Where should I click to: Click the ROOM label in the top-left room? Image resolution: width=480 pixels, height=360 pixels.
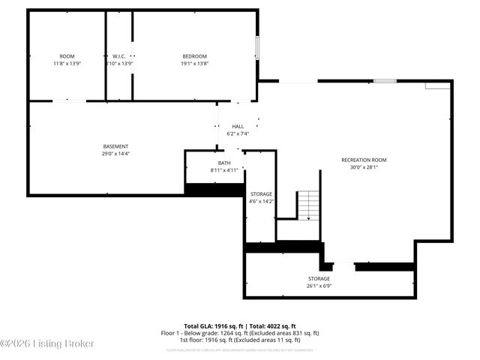pyautogui.click(x=67, y=56)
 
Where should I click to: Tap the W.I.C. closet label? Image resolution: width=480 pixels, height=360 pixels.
pyautogui.click(x=118, y=56)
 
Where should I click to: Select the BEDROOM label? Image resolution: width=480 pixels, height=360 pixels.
pyautogui.click(x=194, y=56)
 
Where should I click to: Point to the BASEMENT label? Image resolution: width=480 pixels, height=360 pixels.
pyautogui.click(x=115, y=146)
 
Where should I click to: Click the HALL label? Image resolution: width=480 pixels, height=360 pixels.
pyautogui.click(x=238, y=126)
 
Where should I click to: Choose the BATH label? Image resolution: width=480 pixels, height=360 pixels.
pyautogui.click(x=224, y=163)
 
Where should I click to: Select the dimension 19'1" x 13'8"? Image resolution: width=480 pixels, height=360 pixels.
pyautogui.click(x=194, y=64)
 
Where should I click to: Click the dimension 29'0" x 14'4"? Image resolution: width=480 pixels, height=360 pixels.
pyautogui.click(x=115, y=154)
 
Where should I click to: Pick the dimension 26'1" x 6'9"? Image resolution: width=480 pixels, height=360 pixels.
pyautogui.click(x=318, y=286)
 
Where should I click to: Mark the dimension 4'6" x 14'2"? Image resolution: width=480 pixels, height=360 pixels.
pyautogui.click(x=261, y=201)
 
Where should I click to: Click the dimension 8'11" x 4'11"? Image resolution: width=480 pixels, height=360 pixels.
pyautogui.click(x=224, y=170)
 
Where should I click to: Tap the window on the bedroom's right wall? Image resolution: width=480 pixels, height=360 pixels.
pyautogui.click(x=258, y=47)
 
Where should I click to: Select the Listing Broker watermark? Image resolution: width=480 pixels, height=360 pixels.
pyautogui.click(x=48, y=343)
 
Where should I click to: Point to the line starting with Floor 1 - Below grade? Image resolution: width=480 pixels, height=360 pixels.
pyautogui.click(x=240, y=333)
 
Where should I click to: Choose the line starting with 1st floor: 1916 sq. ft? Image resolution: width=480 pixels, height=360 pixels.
pyautogui.click(x=240, y=340)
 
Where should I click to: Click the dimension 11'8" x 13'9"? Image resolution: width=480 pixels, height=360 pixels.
pyautogui.click(x=67, y=64)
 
